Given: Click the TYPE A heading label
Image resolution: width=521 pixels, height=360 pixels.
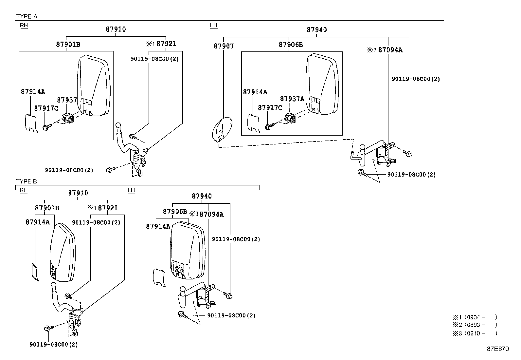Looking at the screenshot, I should tap(27, 16).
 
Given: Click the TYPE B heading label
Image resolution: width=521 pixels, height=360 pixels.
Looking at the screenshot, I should tap(27, 181).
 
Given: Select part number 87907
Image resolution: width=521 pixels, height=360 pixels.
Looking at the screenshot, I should tap(224, 46).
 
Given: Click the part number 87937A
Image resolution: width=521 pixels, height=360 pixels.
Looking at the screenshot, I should tap(292, 99).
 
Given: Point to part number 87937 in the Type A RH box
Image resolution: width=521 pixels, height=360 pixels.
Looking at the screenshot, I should tap(67, 100).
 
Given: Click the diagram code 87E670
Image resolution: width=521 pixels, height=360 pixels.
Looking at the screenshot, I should tap(497, 349).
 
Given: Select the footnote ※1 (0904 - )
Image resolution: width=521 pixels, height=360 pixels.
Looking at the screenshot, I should tap(475, 317).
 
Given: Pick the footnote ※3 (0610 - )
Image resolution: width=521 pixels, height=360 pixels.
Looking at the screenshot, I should tap(475, 333).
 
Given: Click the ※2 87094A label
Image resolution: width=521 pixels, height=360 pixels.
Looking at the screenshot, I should tap(385, 50).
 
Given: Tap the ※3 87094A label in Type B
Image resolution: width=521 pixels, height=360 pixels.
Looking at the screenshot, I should tap(207, 214).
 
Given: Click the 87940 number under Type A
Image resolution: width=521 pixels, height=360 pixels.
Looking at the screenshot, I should tap(316, 30).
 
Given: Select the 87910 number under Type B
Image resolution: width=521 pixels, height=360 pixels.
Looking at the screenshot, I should tap(78, 193).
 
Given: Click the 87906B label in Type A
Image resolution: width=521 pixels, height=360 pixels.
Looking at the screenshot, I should tap(291, 45).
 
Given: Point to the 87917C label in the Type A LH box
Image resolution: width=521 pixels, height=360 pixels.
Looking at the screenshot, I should tap(270, 108).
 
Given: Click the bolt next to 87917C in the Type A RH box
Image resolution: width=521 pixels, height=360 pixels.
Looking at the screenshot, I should tap(47, 127).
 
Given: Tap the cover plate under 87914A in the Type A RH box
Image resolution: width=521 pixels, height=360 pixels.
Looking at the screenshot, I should tap(31, 123).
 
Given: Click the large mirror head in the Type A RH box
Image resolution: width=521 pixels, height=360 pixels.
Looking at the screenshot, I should tap(94, 85).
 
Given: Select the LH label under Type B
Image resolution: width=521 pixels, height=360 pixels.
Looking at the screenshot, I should tap(131, 190).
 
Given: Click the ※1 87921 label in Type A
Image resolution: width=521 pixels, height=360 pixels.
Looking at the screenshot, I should tap(161, 44).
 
